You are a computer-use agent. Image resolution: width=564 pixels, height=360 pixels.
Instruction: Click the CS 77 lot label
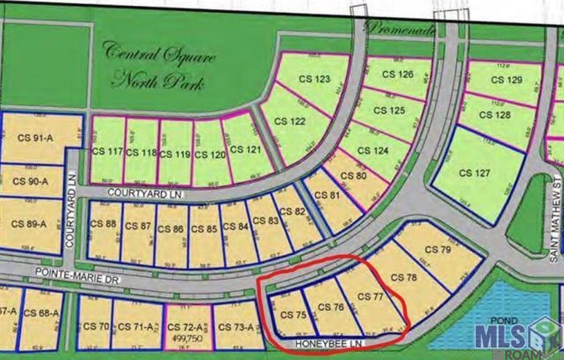pyautogui.click(x=369, y=296)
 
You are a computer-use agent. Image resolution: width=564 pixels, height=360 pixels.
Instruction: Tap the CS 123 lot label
pyautogui.click(x=314, y=79)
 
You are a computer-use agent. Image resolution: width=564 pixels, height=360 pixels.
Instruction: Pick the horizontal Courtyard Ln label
pyautogui.click(x=145, y=193)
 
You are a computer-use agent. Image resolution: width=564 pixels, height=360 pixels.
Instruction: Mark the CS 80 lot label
pyautogui.click(x=353, y=175)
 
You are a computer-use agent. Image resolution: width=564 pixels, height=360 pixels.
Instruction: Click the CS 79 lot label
pyautogui.click(x=438, y=250)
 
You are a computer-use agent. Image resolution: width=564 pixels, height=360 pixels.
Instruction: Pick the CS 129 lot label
pyautogui.click(x=507, y=79)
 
